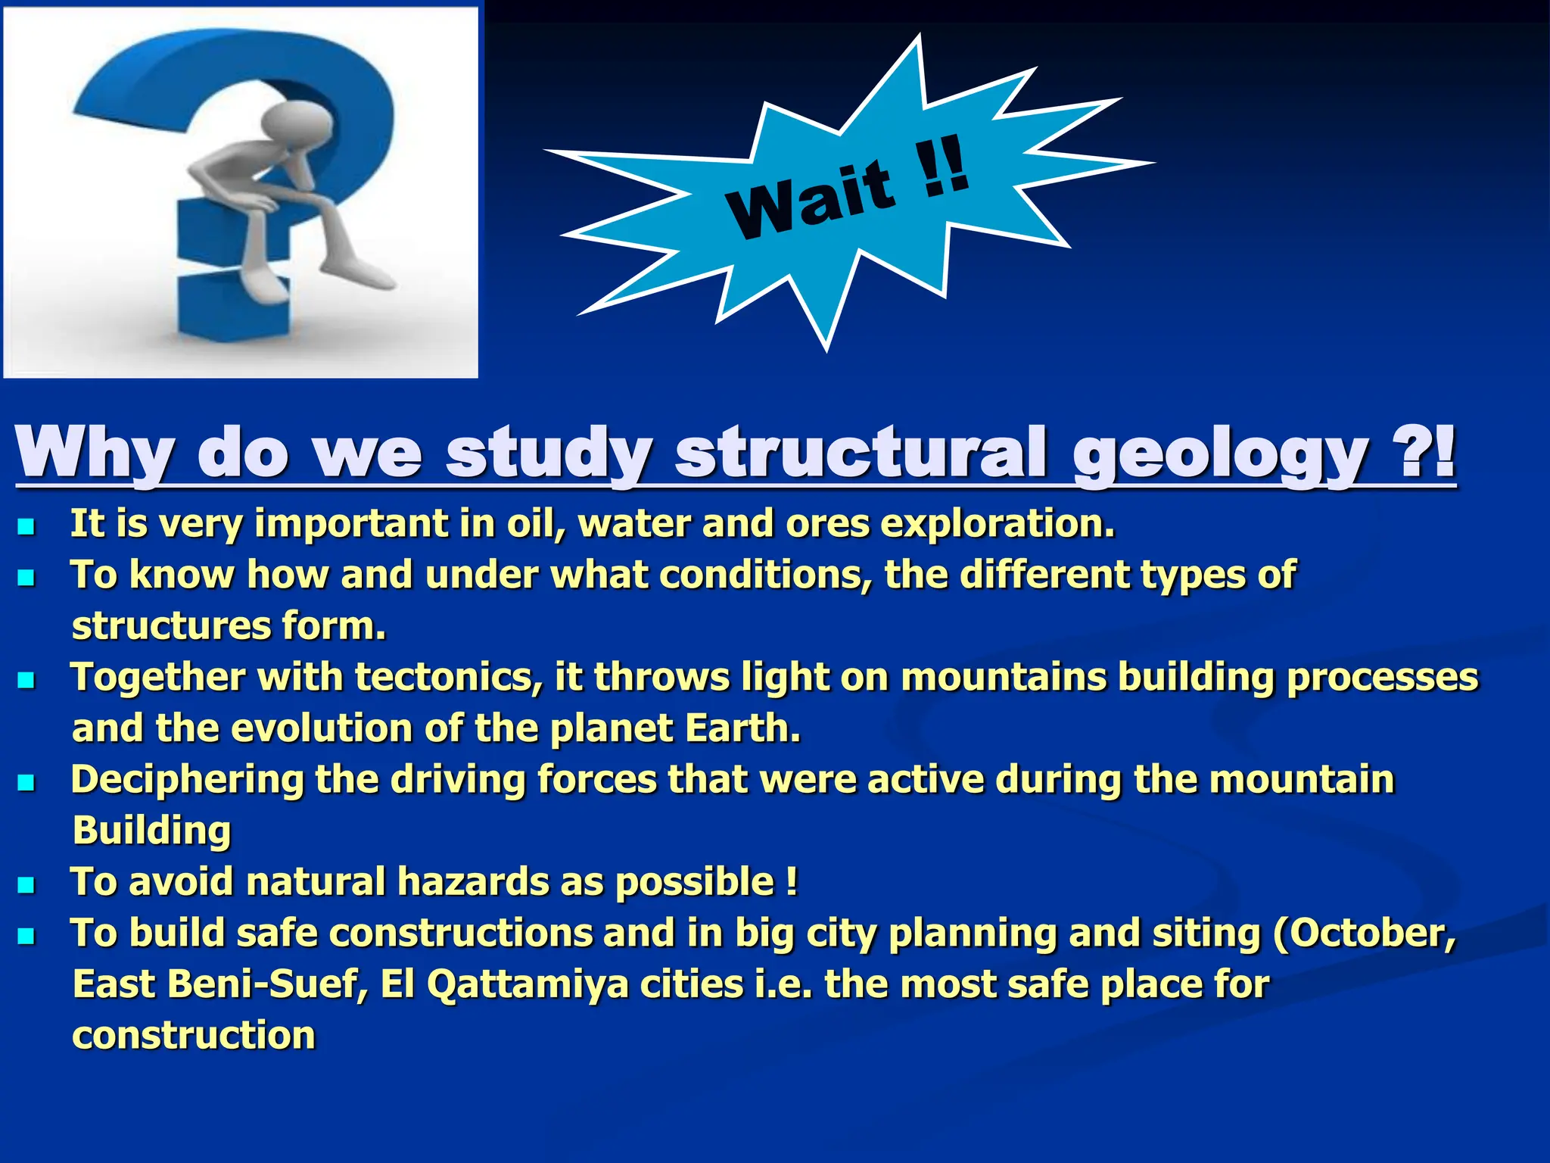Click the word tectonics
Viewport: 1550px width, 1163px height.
450,677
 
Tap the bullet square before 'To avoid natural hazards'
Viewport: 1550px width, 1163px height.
26,884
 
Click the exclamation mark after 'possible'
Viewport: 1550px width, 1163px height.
792,881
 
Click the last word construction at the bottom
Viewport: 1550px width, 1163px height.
194,1035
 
